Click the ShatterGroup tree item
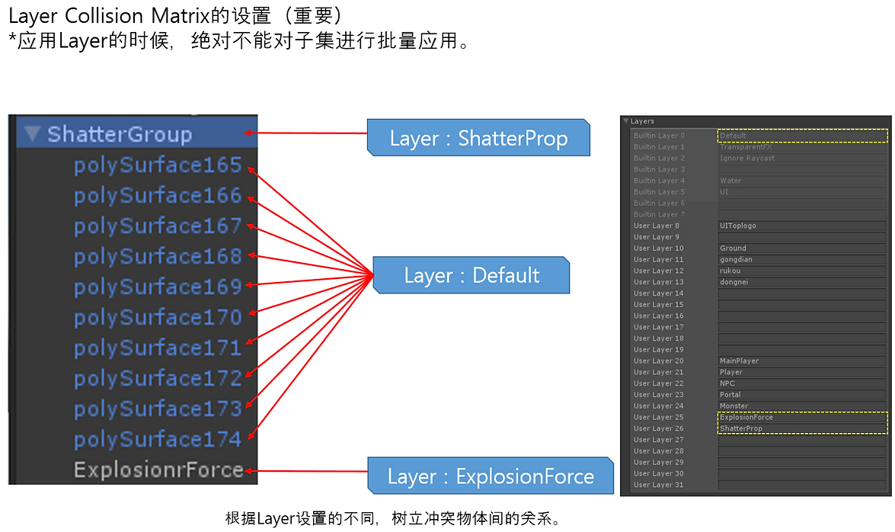(119, 135)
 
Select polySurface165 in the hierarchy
(158, 165)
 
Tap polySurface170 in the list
(158, 317)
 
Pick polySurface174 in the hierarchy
(158, 439)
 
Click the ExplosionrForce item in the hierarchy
(158, 470)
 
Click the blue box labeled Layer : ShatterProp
(478, 139)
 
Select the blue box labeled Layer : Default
(471, 275)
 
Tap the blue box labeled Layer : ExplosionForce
(491, 477)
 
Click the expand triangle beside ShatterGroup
(31, 135)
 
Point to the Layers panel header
(642, 121)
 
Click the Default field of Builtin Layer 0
(803, 136)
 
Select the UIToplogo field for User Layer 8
(803, 226)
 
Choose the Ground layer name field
(803, 248)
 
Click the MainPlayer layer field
(803, 361)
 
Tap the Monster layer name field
(803, 405)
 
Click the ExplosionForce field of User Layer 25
(803, 417)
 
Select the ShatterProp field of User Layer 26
(803, 428)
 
